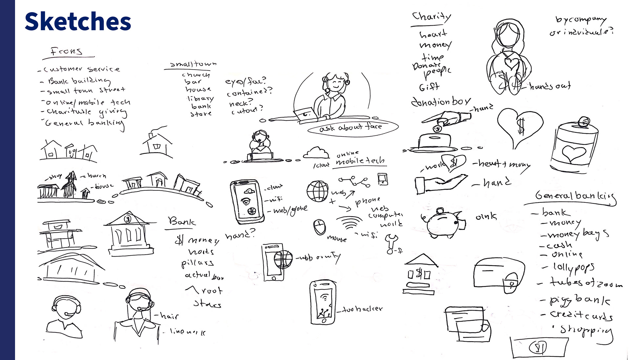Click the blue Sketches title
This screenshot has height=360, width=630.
(x=78, y=22)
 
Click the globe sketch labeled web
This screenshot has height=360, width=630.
(x=317, y=191)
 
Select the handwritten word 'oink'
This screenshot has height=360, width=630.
(x=486, y=216)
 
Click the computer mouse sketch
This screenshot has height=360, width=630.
(x=320, y=227)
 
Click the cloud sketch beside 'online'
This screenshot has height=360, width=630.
(x=316, y=153)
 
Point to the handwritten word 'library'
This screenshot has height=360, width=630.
(x=200, y=98)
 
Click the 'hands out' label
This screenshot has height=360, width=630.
(x=550, y=86)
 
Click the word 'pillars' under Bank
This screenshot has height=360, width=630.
(x=198, y=263)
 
